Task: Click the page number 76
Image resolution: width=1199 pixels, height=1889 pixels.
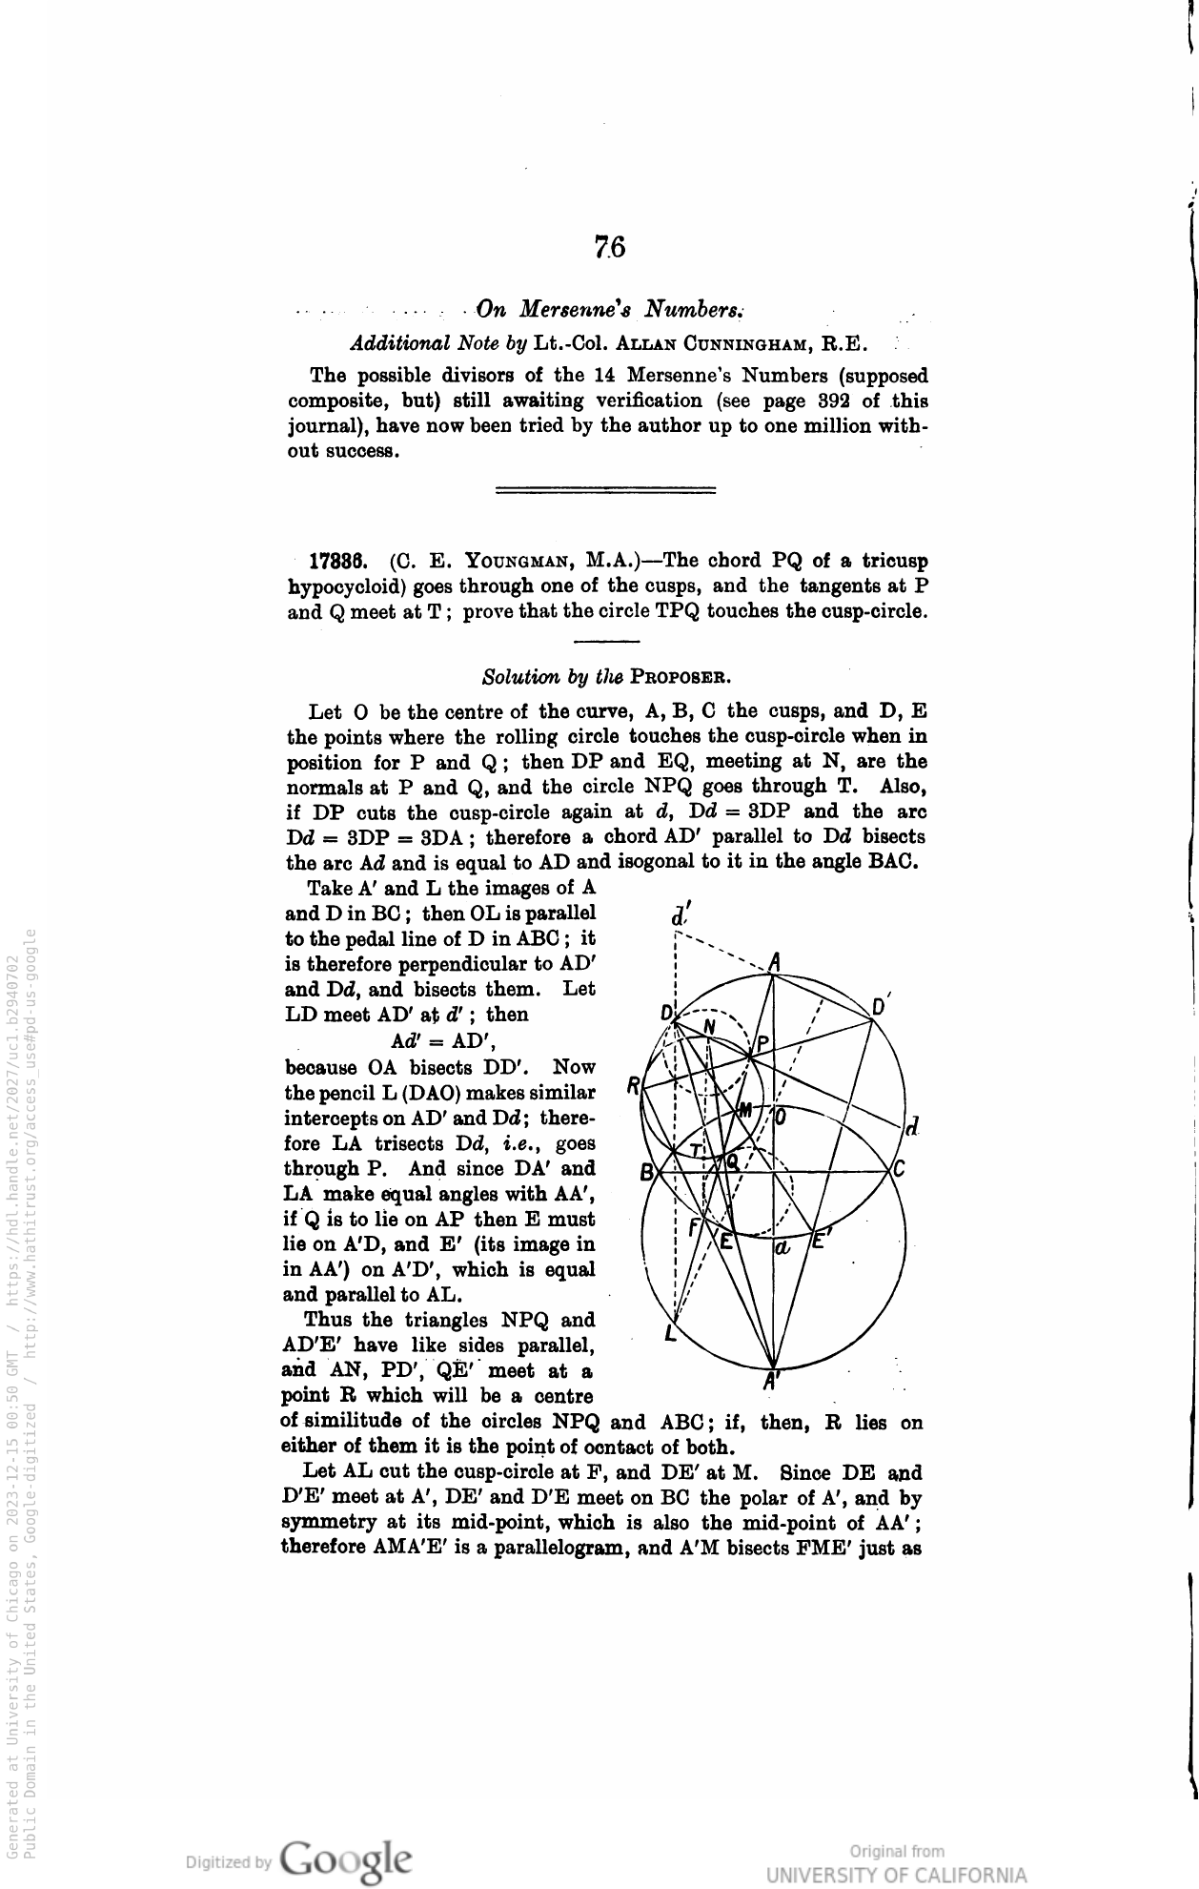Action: [609, 247]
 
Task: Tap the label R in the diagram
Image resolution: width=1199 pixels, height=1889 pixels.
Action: [633, 1087]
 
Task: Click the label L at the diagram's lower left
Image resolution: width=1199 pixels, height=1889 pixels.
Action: [671, 1335]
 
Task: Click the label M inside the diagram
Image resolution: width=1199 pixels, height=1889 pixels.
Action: [745, 1110]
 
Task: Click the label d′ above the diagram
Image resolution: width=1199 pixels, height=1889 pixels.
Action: [680, 915]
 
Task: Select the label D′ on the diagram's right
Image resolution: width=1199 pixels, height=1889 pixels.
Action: [881, 1007]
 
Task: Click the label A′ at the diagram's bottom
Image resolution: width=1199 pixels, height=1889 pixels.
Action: [773, 1380]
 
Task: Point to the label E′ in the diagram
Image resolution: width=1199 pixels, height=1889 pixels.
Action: [822, 1242]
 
